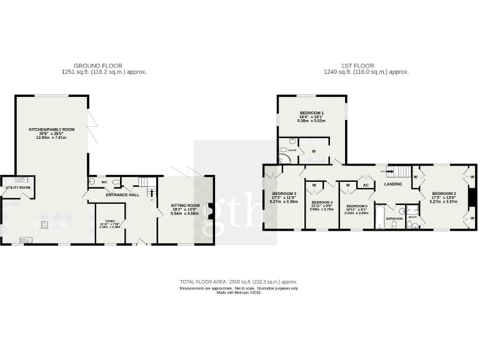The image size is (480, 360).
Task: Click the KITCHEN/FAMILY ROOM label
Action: [52, 129]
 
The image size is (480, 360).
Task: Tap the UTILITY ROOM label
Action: [17, 187]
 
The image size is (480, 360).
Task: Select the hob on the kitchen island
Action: [44, 224]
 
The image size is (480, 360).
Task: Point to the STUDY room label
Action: [110, 221]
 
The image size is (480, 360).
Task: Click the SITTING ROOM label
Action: [185, 205]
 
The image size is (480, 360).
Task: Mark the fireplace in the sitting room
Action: [211, 211]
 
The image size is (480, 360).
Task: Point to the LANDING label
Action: [393, 184]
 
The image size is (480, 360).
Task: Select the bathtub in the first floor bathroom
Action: [380, 224]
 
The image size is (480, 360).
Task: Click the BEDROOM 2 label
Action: [444, 194]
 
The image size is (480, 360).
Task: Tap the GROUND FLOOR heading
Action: [97, 66]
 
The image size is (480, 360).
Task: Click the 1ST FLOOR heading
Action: [359, 66]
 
